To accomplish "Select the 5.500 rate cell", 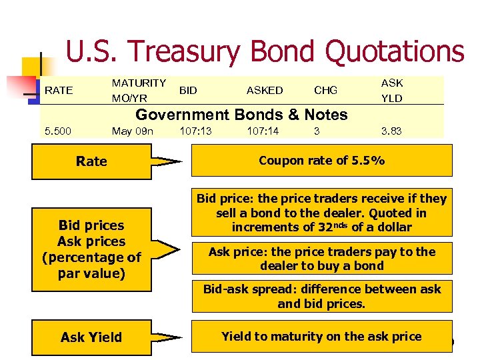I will (58, 131).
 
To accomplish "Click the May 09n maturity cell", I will (133, 131).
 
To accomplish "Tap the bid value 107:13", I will (195, 131).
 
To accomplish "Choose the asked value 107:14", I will (263, 131).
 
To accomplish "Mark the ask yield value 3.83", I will (391, 131).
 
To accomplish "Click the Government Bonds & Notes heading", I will (241, 115).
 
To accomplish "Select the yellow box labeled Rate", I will (91, 161).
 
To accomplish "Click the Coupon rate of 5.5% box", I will (321, 161).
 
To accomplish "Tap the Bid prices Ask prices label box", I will (91, 249).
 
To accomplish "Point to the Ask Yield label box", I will (91, 337).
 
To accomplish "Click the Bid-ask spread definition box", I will (321, 296).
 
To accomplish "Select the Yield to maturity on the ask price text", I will (321, 337).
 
